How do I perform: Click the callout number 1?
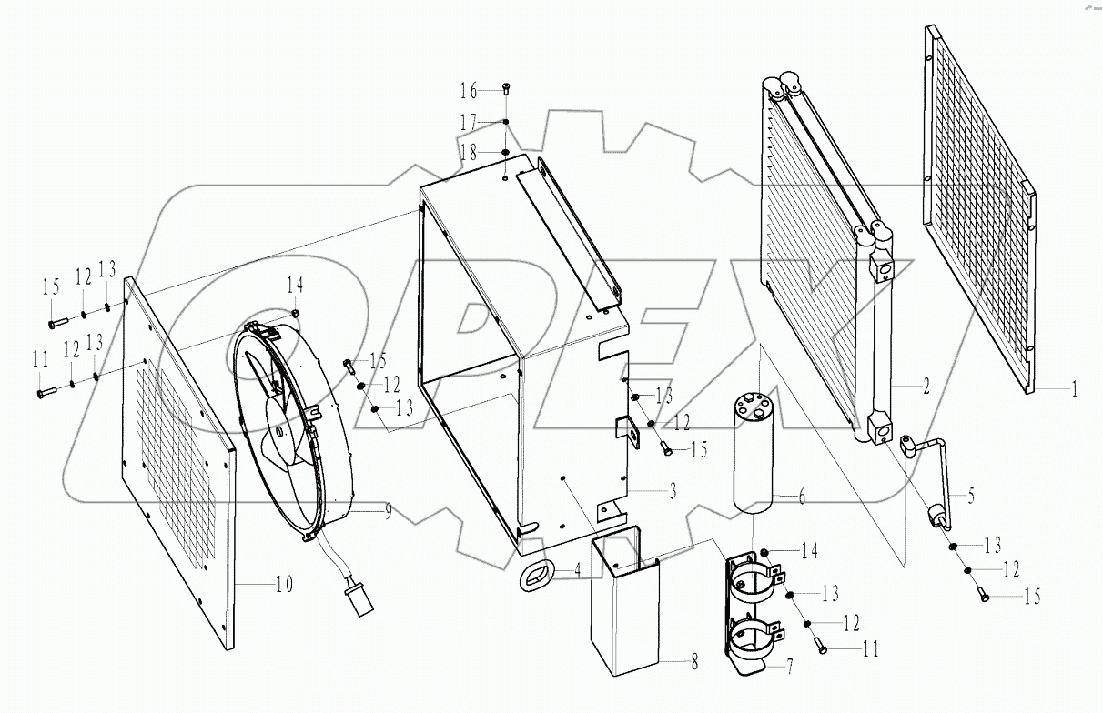[1074, 390]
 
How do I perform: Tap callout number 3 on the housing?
[673, 492]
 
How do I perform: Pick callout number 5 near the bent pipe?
[971, 496]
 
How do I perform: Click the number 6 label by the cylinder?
[802, 497]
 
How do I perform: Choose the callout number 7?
[790, 668]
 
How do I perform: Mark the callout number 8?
[694, 664]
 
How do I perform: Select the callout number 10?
[285, 585]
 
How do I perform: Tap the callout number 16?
[468, 91]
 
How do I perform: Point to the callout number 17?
[468, 122]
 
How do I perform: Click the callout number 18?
[468, 153]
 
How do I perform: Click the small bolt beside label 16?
[506, 89]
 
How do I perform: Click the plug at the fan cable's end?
[350, 603]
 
